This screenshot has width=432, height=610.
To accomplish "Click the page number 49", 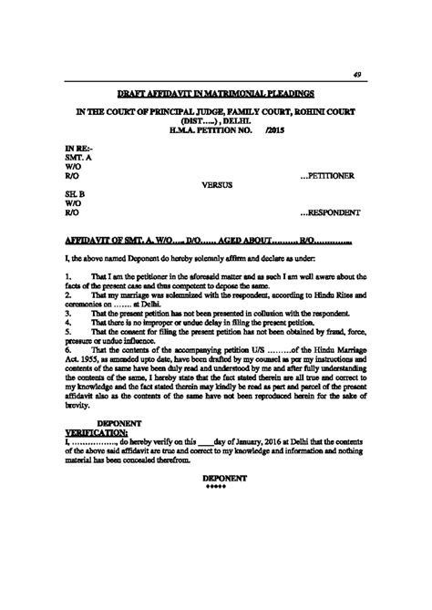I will click(x=358, y=76).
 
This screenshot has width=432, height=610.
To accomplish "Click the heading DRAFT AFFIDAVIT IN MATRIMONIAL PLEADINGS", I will click(x=215, y=94).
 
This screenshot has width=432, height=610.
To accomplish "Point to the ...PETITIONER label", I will click(x=334, y=175).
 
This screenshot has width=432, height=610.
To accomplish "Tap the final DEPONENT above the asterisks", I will click(x=217, y=477).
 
